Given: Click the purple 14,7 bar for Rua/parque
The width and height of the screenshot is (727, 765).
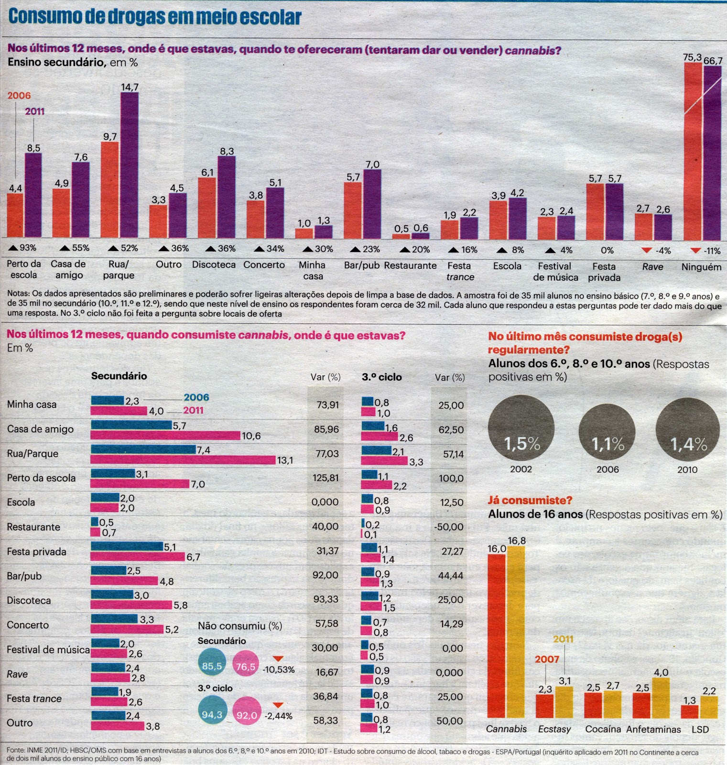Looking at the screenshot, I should (130, 165).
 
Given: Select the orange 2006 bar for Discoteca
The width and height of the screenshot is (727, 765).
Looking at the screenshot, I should (207, 208).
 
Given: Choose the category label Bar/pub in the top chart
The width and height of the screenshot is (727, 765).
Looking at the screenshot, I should (362, 265).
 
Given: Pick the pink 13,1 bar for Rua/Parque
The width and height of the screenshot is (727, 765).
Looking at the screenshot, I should (183, 460).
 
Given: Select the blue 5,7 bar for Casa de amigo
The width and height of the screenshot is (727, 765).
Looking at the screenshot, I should (131, 425).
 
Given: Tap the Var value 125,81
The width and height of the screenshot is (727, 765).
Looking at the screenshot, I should (326, 478).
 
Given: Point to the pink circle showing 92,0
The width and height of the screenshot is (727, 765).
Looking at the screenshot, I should (247, 715).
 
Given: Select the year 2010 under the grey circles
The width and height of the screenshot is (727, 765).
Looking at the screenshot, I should (687, 470).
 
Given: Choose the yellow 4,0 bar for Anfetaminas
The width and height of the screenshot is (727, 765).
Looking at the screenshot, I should (661, 698).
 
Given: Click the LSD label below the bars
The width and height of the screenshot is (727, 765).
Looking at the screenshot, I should (700, 730).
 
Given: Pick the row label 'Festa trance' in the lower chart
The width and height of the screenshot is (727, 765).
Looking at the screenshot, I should (34, 699).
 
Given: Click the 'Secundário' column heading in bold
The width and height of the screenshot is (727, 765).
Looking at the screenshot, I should (119, 376).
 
